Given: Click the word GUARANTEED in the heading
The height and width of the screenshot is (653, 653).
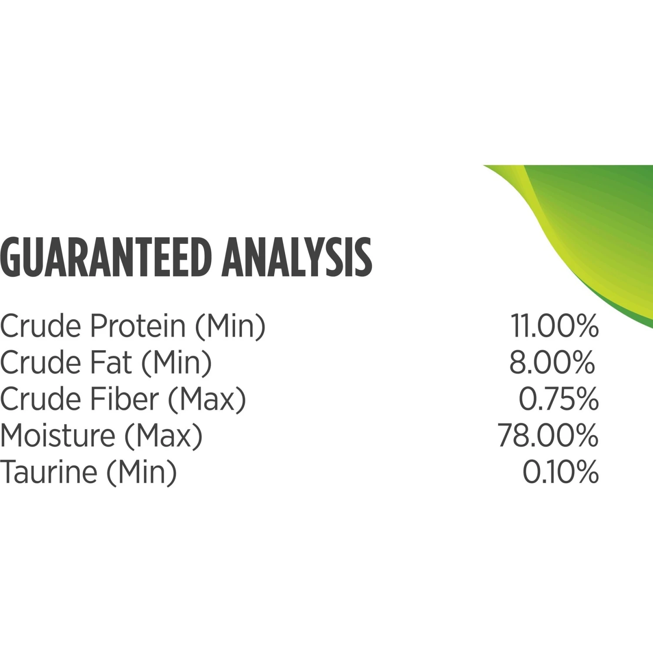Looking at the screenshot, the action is point(107,257).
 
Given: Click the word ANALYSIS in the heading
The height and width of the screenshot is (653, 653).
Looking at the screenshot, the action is point(297,257).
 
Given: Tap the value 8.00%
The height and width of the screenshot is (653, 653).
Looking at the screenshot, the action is point(552,362).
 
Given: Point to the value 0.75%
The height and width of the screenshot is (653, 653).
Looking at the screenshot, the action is point(559,399).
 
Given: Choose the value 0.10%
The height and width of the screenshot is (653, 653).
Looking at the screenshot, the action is point(561,472).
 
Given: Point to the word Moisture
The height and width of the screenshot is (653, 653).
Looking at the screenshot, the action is point(57,435).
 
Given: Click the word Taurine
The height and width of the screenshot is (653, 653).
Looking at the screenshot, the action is point(48,472).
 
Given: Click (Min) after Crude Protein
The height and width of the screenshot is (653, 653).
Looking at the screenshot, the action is point(230,326).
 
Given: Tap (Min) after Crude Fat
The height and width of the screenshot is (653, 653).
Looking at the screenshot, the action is point(176,363).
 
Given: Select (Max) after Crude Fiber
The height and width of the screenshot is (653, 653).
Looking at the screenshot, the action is point(207,400).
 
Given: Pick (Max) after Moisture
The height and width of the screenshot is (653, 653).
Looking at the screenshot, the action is point(164,436).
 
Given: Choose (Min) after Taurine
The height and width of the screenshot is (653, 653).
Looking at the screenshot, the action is point(142,473).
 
